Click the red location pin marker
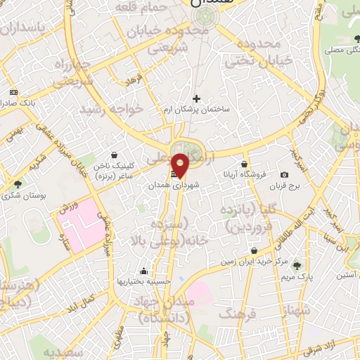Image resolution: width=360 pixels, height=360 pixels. click(181, 164)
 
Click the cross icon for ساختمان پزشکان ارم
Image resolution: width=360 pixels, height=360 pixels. click(196, 98)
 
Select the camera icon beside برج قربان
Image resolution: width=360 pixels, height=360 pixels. click(284, 174)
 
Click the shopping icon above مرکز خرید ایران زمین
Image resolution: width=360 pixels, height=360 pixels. click(253, 250)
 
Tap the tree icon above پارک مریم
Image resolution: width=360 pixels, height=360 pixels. click(297, 265)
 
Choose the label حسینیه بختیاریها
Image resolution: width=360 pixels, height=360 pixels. click(145, 281)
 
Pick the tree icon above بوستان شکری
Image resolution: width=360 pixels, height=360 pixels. click(18, 184)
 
